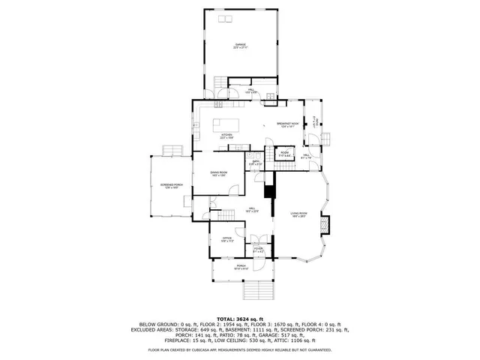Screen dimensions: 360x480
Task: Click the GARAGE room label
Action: click(240, 46)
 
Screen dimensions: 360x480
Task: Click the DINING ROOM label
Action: click(219, 173)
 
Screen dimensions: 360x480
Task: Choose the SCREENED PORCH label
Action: click(171, 187)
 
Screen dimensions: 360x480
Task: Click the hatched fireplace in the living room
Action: click(325, 224)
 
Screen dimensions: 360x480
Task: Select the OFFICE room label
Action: click(227, 240)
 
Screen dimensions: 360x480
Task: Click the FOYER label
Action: click(258, 250)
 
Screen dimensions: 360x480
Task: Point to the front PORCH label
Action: click(241, 266)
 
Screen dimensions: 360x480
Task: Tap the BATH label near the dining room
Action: click(255, 162)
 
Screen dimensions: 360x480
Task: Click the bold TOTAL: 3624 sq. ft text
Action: click(240, 318)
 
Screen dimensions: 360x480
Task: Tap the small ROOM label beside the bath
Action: click(284, 153)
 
